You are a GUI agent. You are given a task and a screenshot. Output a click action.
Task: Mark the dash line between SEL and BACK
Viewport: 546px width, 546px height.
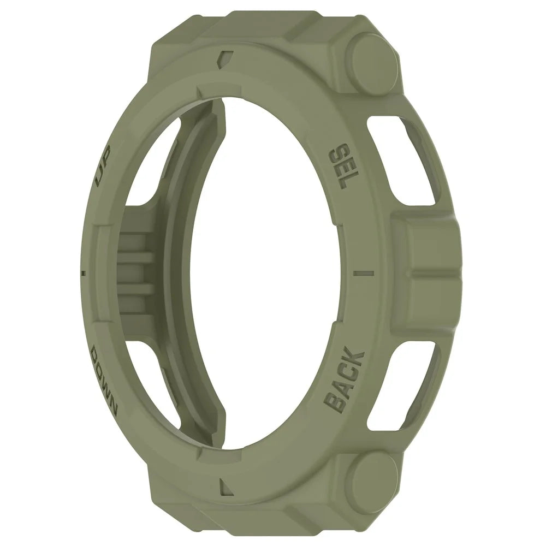tap(364, 272)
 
